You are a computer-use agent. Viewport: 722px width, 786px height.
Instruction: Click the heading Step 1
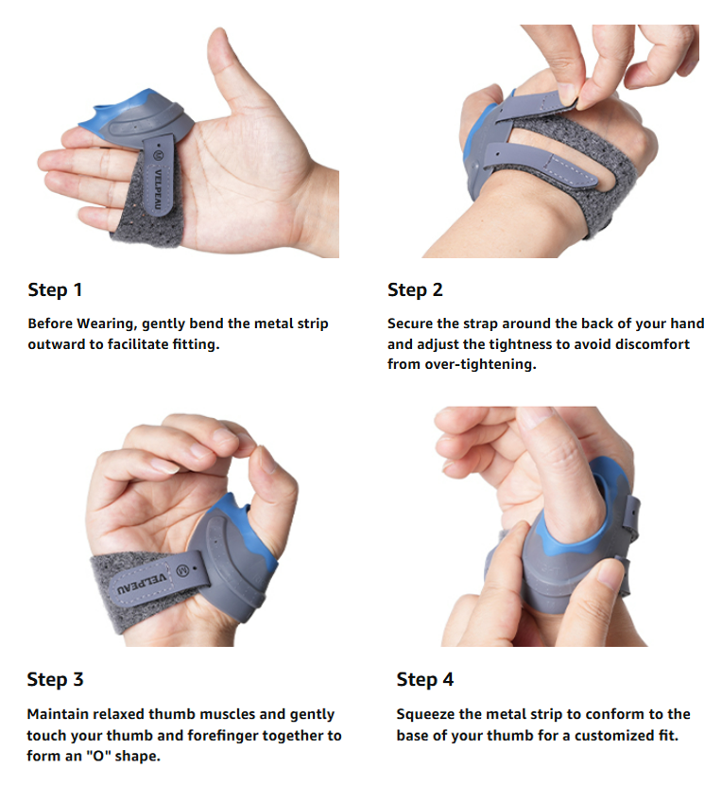coord(55,289)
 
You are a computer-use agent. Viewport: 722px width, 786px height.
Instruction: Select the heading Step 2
coord(415,289)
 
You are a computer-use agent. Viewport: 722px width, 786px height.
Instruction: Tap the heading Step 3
coord(55,679)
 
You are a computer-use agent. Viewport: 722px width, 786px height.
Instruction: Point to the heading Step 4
coord(425,679)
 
